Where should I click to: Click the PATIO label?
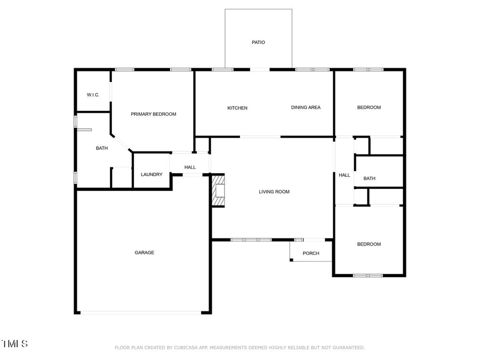click(258, 42)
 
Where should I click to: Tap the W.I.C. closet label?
click(93, 95)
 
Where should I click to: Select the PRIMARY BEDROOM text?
click(154, 114)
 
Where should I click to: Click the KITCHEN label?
click(237, 108)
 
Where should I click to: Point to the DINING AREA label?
click(306, 108)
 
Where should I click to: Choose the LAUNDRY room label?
click(151, 174)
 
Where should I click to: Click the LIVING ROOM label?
click(274, 191)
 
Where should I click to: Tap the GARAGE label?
click(144, 252)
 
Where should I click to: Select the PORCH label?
click(311, 253)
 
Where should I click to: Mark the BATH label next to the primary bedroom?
click(102, 148)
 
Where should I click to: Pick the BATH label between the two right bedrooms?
click(370, 179)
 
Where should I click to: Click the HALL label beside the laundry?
click(190, 167)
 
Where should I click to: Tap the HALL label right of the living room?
click(345, 175)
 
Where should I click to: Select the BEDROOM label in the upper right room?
click(369, 108)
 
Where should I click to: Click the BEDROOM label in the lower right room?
click(369, 244)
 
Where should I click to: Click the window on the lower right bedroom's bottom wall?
click(368, 275)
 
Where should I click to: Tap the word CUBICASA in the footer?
click(184, 348)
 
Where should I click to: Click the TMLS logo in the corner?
click(14, 343)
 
